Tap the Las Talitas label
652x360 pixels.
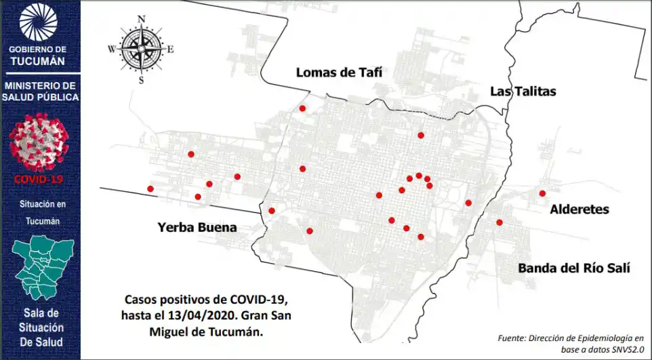click(523, 92)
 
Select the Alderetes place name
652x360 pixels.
click(579, 209)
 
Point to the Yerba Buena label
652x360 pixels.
click(197, 228)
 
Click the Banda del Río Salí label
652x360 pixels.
click(574, 268)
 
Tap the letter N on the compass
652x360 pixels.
click(142, 18)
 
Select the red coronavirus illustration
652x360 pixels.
click(39, 141)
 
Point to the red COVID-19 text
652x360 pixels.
click(39, 179)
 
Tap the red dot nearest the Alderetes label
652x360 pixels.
click(542, 193)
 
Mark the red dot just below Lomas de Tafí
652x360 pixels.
click(302, 108)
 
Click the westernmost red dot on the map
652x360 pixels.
click(150, 188)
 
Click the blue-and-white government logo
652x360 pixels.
click(39, 22)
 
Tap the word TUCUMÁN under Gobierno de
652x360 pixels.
click(39, 61)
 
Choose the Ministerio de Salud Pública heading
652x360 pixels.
click(40, 92)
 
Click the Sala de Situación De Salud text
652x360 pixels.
click(41, 327)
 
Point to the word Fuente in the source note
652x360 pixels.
click(513, 337)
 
